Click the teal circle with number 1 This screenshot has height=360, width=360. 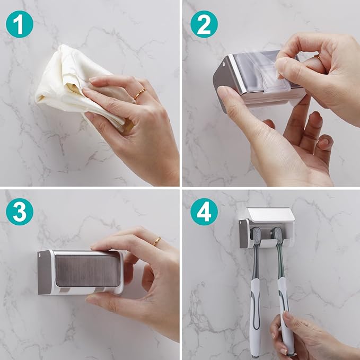[x=20, y=24]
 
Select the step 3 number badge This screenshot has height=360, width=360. [x=20, y=212]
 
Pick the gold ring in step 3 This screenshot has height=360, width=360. [x=156, y=241]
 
